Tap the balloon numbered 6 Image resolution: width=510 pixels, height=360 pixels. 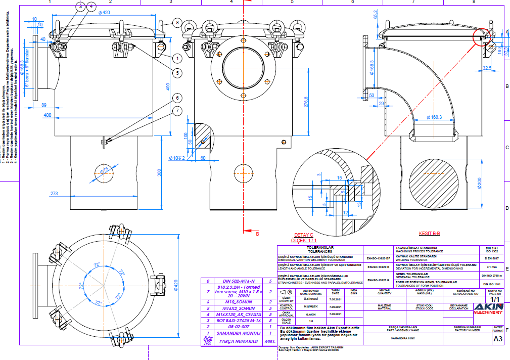click(x=176, y=98)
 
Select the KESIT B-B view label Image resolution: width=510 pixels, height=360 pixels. click(x=430, y=234)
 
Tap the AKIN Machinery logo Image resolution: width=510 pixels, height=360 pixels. click(x=488, y=306)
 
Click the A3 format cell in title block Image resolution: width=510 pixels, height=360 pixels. click(x=498, y=340)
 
